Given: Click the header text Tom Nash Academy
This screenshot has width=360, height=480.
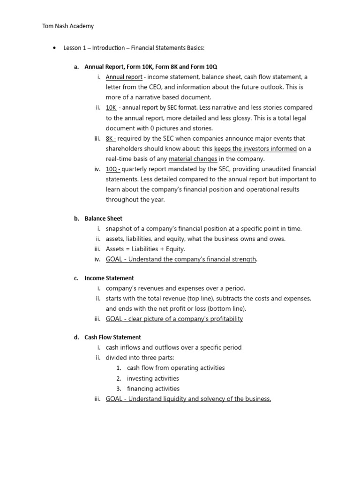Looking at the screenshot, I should (68, 26).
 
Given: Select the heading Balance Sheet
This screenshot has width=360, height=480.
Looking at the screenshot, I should (103, 218).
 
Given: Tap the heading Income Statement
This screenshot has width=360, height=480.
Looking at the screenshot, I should (109, 278).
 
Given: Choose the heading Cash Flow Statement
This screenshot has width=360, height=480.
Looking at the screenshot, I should (112, 337).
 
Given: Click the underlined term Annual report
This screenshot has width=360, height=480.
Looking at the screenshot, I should (124, 77).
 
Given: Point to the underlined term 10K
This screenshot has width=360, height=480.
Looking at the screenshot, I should (111, 107).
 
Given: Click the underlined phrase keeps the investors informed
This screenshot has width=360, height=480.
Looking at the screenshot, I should (255, 149).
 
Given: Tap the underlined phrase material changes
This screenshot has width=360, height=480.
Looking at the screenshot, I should (193, 159).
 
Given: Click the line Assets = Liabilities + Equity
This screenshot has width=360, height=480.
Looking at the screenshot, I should (145, 249).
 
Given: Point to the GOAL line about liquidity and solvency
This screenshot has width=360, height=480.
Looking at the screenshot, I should (188, 399).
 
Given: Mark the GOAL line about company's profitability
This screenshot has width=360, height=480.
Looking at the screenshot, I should (174, 319).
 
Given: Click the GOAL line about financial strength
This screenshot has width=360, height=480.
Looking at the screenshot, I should (181, 259).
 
